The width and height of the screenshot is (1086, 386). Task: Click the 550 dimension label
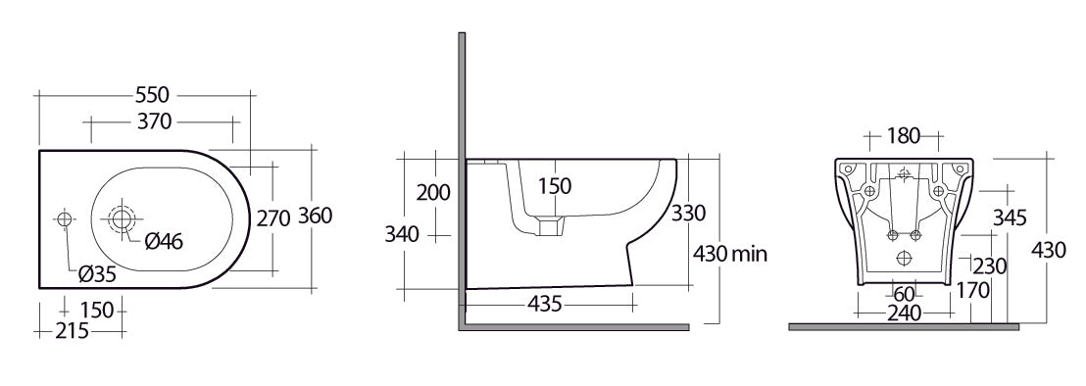(153, 95)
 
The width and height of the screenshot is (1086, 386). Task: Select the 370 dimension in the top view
(154, 121)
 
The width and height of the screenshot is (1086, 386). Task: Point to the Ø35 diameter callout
(97, 274)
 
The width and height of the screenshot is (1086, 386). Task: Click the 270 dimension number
(272, 218)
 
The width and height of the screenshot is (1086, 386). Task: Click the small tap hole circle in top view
(65, 218)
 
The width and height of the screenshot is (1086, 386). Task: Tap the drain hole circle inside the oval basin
(123, 218)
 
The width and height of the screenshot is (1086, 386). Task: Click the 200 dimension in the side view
(433, 192)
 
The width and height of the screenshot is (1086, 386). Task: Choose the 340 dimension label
(403, 234)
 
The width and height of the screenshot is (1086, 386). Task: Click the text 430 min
(730, 254)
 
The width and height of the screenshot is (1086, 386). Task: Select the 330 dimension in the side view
(688, 213)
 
